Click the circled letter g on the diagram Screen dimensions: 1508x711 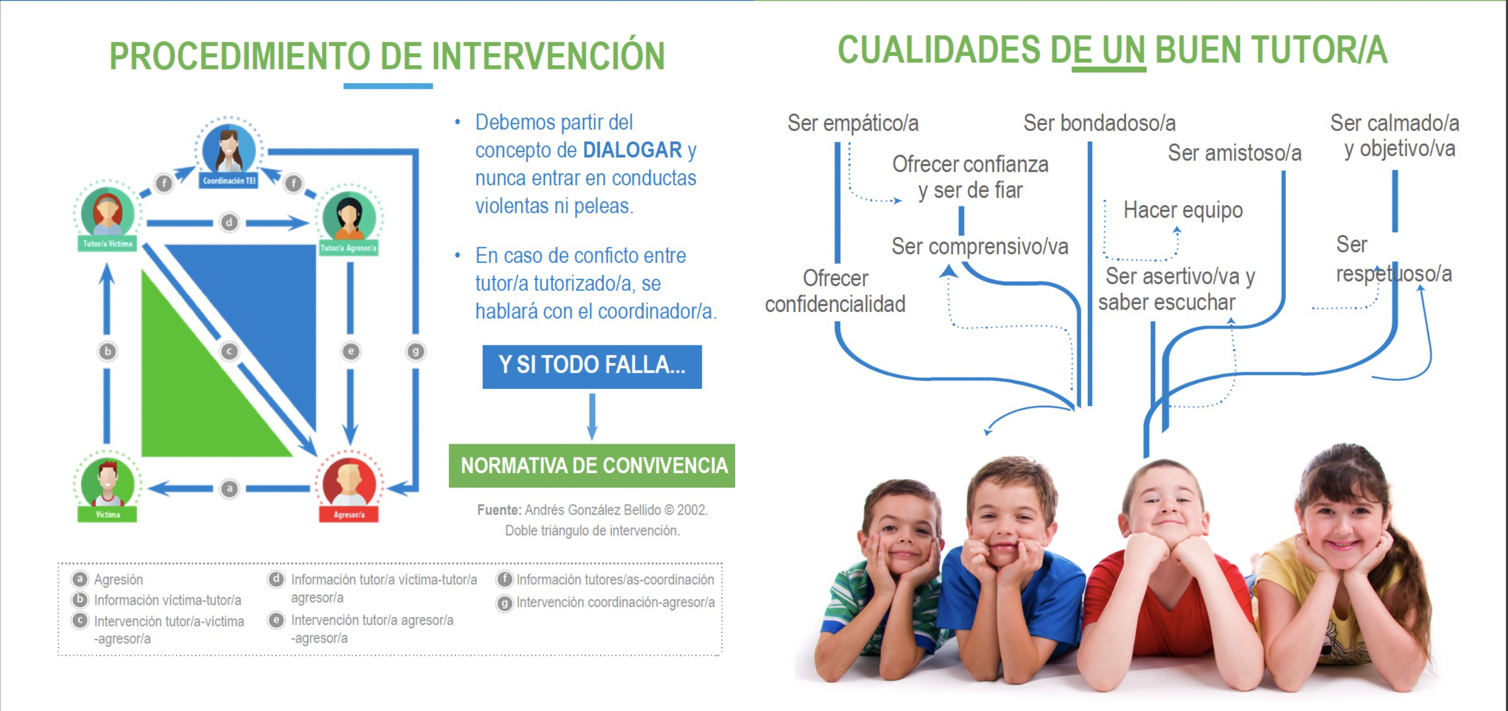click(x=415, y=351)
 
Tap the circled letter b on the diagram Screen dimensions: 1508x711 click(x=108, y=351)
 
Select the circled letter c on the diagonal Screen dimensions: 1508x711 click(x=229, y=351)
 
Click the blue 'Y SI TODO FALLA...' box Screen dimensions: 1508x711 click(x=592, y=367)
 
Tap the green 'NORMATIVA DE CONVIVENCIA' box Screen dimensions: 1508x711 click(x=592, y=465)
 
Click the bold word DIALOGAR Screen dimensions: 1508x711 click(x=632, y=150)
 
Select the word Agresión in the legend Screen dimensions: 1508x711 click(x=118, y=579)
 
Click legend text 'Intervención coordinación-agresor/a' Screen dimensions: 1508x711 click(x=615, y=602)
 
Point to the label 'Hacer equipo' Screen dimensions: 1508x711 click(x=1182, y=210)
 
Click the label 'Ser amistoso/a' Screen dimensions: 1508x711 click(x=1235, y=153)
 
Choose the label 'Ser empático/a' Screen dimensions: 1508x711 click(x=853, y=123)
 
